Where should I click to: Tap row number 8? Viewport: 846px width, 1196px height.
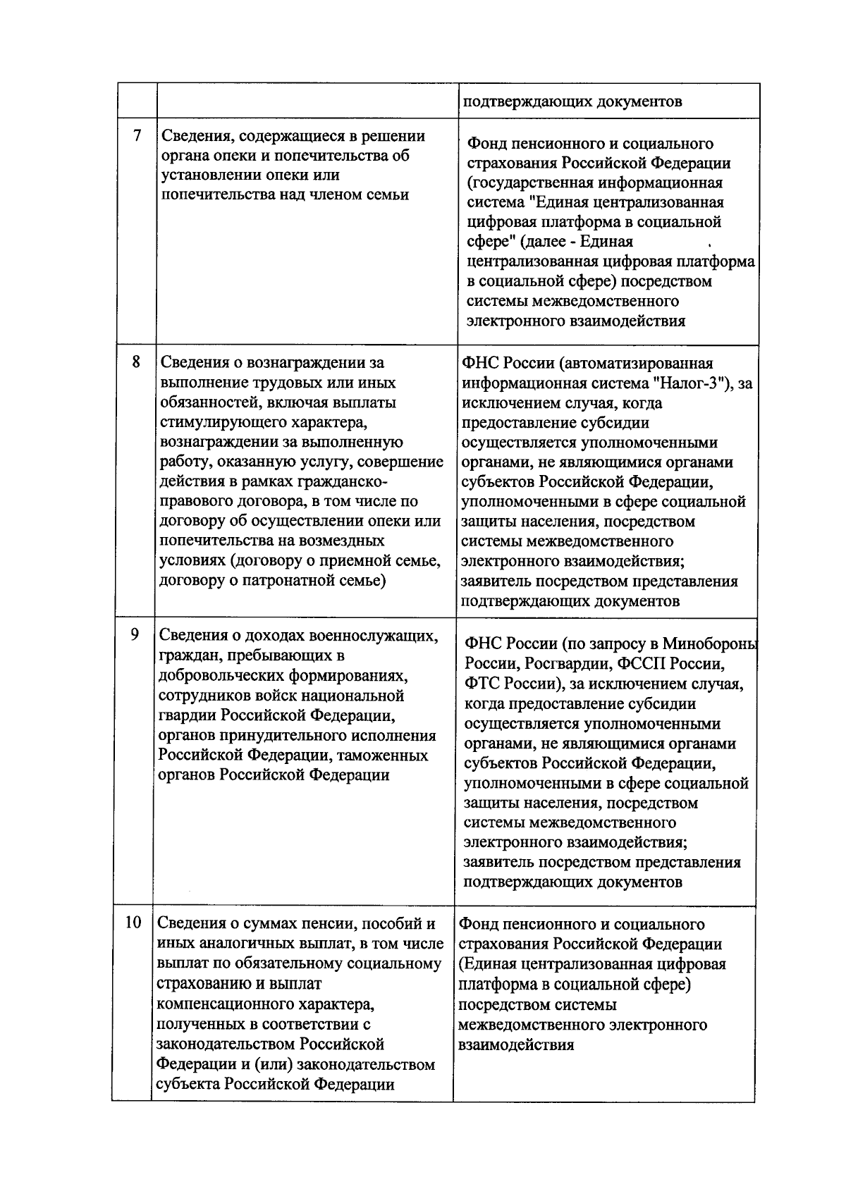[136, 362]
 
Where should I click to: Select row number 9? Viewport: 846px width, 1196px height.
[135, 634]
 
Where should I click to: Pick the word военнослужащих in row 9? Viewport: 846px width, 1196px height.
[367, 636]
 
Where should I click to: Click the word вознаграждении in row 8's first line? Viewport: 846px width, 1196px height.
[307, 363]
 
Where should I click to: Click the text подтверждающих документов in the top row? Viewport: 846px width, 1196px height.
[572, 101]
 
